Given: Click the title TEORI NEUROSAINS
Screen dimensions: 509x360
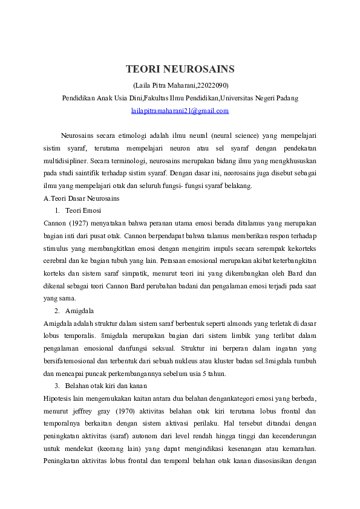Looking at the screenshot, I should [x=180, y=70].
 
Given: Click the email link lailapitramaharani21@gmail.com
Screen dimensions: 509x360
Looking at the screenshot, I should [x=180, y=111].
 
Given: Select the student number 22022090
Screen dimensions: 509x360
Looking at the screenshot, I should [x=213, y=85].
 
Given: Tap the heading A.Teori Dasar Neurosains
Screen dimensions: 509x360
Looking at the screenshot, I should [x=82, y=198].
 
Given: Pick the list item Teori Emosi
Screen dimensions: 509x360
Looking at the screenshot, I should [x=83, y=210].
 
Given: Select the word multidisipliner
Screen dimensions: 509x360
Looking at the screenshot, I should [x=65, y=161].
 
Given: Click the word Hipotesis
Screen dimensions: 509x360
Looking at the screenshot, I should [x=58, y=398].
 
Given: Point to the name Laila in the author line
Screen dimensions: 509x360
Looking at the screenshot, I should [x=143, y=85].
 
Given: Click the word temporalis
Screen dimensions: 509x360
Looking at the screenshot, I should [x=82, y=336].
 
